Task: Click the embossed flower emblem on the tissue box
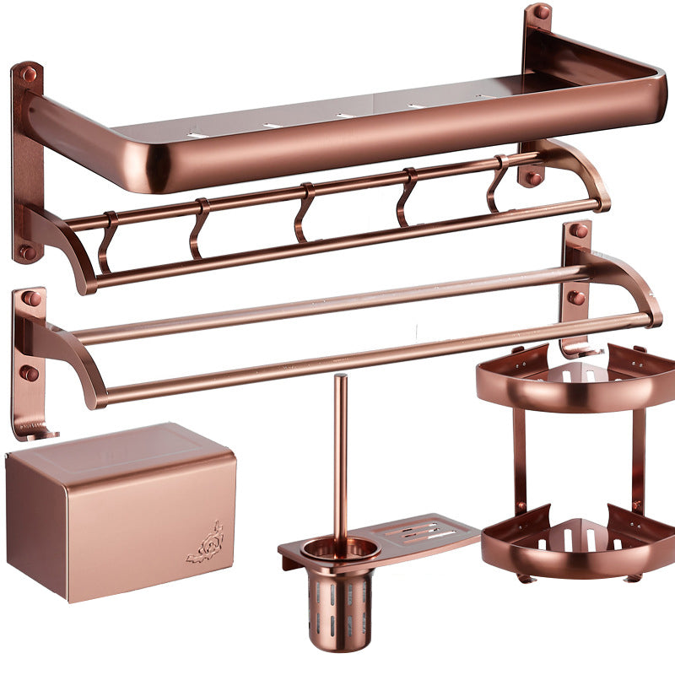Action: click(206, 542)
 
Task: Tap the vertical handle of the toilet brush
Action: click(340, 456)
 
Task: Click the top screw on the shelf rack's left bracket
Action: click(29, 75)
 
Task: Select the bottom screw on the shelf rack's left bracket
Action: click(28, 251)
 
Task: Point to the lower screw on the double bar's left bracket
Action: click(29, 372)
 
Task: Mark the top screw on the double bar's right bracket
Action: click(579, 230)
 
